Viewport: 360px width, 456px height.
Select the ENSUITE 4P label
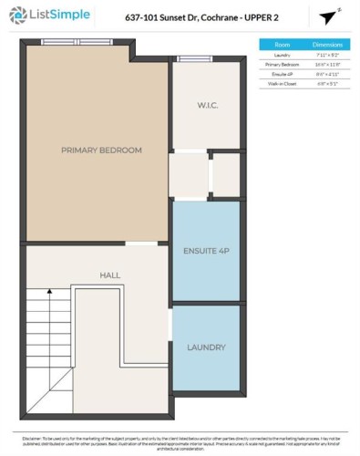(x=205, y=252)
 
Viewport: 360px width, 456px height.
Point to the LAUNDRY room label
(x=206, y=347)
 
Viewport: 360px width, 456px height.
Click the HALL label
(x=109, y=274)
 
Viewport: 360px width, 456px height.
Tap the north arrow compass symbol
(x=328, y=17)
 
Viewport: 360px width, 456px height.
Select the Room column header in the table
(x=284, y=44)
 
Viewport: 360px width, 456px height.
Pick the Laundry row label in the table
(x=284, y=55)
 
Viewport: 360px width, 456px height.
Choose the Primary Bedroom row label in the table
(x=284, y=65)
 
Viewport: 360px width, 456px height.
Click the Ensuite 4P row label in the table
(x=284, y=75)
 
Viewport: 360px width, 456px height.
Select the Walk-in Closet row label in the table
(x=284, y=85)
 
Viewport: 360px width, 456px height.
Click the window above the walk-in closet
(x=193, y=59)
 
